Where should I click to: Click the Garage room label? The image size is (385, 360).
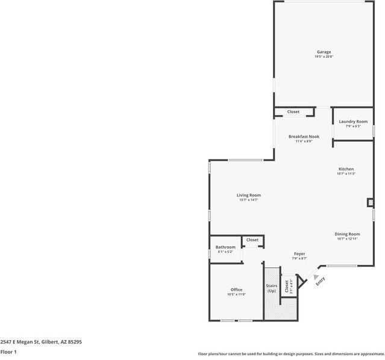pos(324,52)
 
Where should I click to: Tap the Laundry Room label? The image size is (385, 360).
pos(352,122)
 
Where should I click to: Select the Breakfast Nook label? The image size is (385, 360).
pos(304,137)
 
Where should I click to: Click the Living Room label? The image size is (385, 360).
pos(248,195)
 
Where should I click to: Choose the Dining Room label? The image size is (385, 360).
pos(347,234)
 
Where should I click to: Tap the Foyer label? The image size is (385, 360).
pos(299,254)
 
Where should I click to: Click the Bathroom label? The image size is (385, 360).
pos(225,247)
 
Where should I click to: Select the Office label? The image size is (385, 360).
pos(236,290)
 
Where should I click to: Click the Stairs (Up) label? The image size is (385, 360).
pos(271,288)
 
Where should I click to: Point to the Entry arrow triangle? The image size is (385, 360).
pos(316,276)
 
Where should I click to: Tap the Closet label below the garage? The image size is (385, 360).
pos(293,112)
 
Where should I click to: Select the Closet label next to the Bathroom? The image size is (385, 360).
pos(252,240)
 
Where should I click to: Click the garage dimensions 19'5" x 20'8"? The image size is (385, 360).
pos(324,57)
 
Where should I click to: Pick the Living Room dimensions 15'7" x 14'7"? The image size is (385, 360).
pos(248,200)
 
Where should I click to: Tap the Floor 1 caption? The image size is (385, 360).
pos(8,352)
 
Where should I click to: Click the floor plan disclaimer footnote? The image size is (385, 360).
pos(291,354)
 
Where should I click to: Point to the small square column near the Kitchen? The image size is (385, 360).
pos(370,203)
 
